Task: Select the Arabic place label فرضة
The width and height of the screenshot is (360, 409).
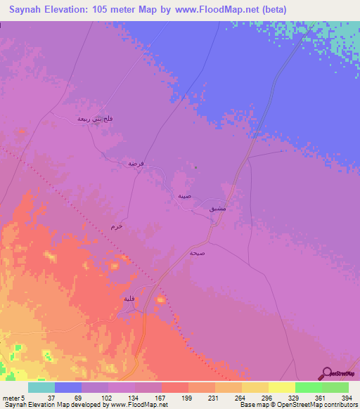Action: point(136,163)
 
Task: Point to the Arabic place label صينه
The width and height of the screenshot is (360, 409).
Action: point(184,196)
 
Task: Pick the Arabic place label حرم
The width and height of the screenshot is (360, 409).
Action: point(117,226)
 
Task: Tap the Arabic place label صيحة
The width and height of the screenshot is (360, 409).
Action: point(198,252)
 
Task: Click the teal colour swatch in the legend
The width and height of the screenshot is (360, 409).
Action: point(41,388)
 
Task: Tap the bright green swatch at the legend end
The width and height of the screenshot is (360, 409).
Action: point(335,388)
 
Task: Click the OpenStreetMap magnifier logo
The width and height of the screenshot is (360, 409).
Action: point(326,373)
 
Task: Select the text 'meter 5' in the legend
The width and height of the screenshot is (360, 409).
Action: point(13,398)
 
